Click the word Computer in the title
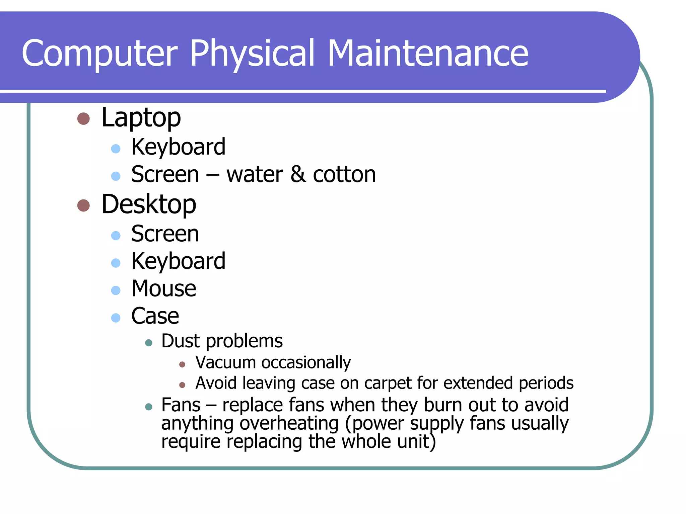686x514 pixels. (x=99, y=54)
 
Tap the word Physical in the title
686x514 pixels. (x=253, y=54)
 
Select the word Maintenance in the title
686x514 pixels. (x=428, y=54)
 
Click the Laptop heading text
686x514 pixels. (x=141, y=118)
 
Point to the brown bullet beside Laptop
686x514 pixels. (x=83, y=118)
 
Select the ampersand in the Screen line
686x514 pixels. (x=298, y=174)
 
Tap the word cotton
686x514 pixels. (x=344, y=174)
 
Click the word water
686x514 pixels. (x=255, y=175)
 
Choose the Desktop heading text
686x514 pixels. (x=149, y=204)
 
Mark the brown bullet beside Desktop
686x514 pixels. (x=83, y=205)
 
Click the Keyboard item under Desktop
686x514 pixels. (x=178, y=261)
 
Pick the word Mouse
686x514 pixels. (x=164, y=288)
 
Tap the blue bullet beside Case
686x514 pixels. (x=116, y=318)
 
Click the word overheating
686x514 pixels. (x=289, y=423)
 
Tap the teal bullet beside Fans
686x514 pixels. (x=149, y=407)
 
